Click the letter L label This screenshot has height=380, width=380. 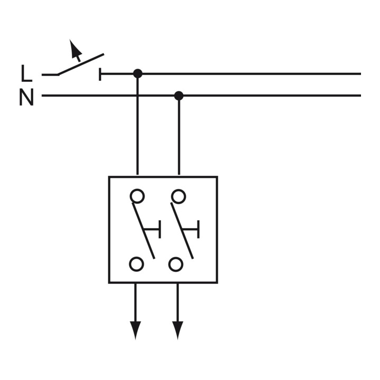pyautogui.click(x=27, y=73)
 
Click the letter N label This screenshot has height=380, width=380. pyautogui.click(x=26, y=97)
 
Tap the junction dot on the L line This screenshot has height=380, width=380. pyautogui.click(x=138, y=73)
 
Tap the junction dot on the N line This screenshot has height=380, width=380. pyautogui.click(x=179, y=96)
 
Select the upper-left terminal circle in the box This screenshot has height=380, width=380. pyautogui.click(x=137, y=196)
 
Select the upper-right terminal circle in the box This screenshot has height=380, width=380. pyautogui.click(x=178, y=196)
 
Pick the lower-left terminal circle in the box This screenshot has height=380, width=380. pyautogui.click(x=137, y=264)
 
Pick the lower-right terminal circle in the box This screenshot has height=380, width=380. pyautogui.click(x=175, y=264)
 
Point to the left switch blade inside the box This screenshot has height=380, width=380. pyautogui.click(x=143, y=231)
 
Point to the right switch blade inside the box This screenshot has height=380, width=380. pyautogui.click(x=182, y=231)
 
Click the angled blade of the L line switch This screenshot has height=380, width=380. pyautogui.click(x=81, y=64)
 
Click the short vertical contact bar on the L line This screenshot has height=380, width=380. pyautogui.click(x=100, y=74)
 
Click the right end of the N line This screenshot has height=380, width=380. pyautogui.click(x=360, y=96)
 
